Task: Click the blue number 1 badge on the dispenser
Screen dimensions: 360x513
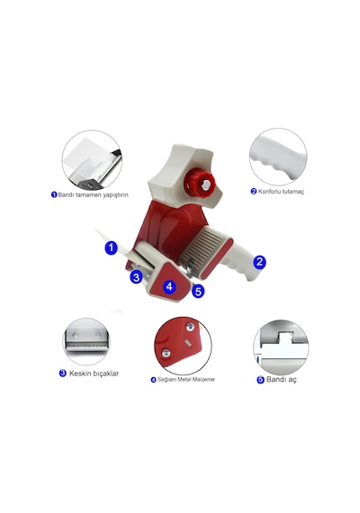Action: [x=112, y=247]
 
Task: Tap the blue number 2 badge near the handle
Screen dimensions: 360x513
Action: [x=259, y=262]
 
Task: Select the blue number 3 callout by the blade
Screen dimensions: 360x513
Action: [x=137, y=277]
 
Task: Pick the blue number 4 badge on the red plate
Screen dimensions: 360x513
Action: [x=169, y=286]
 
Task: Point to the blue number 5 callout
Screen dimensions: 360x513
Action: [x=198, y=291]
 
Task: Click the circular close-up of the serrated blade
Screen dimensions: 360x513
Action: [x=86, y=342]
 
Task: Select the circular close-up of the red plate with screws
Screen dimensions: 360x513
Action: [x=183, y=346]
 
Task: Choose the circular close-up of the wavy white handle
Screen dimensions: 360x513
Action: [x=278, y=157]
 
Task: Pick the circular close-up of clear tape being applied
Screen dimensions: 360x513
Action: [x=92, y=160]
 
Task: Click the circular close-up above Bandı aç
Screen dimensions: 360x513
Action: [x=281, y=346]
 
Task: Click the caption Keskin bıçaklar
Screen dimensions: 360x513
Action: [x=94, y=373]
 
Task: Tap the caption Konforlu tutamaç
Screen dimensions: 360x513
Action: [x=281, y=192]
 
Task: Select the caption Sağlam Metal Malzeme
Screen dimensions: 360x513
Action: [x=186, y=380]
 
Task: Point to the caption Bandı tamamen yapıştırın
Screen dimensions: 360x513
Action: [x=93, y=195]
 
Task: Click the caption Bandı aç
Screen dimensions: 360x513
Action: [x=282, y=380]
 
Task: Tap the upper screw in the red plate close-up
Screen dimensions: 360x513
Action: [x=190, y=327]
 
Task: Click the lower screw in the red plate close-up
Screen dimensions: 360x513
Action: [x=166, y=353]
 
